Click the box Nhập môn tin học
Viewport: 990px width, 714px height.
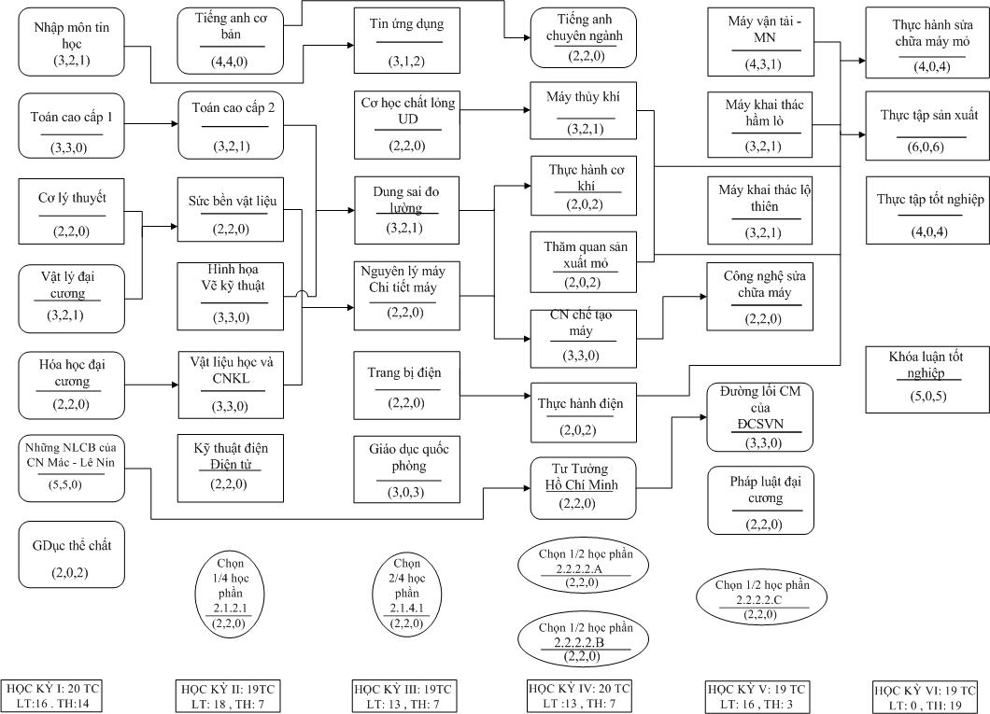tap(71, 43)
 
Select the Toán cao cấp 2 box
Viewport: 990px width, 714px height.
tap(231, 125)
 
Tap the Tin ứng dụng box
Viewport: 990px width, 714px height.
tap(406, 41)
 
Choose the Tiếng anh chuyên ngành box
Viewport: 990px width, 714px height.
tap(584, 38)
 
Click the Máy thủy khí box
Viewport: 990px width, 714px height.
tap(584, 111)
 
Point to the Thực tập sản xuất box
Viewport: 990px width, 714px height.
tap(927, 126)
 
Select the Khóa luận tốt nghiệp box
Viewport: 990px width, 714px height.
tap(927, 379)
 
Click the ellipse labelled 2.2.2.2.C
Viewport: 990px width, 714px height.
tap(761, 598)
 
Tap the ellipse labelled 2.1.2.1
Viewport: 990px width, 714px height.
tap(231, 594)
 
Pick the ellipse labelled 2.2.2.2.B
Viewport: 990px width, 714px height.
tap(584, 640)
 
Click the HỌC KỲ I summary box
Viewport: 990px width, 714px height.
tap(53, 695)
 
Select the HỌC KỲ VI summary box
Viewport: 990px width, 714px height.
tap(925, 697)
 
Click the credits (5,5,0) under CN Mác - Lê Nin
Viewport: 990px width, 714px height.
tap(65, 484)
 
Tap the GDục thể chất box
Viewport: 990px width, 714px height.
tap(71, 554)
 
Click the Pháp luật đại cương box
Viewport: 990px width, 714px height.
tap(761, 501)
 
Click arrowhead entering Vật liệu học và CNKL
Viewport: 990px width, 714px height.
tap(175, 385)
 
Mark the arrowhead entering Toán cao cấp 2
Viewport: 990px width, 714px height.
tap(175, 123)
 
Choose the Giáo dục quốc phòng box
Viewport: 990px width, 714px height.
tap(406, 469)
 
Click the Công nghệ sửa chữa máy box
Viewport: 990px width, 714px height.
tap(760, 297)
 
